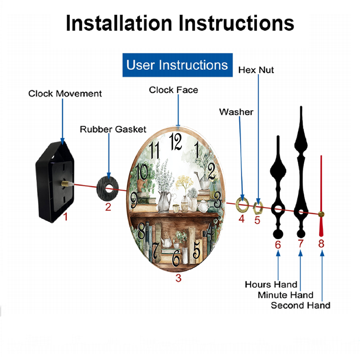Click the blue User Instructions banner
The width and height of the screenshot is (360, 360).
pos(177,65)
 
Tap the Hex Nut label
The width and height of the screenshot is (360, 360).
pos(256,70)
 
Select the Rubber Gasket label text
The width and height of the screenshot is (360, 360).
pos(113,129)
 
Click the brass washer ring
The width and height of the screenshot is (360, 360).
pos(242,204)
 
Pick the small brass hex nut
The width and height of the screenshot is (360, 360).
pos(258,208)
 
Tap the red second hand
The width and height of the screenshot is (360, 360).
pos(321,196)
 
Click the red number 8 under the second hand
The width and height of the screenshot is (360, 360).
pos(321,244)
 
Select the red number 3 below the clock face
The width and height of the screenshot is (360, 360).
pos(179,278)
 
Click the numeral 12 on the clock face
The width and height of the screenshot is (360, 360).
pos(176,141)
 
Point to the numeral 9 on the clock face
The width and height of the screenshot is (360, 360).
pos(134,200)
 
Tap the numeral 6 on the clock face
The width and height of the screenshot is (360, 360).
pos(176,258)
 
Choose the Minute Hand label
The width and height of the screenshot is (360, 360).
pos(285,295)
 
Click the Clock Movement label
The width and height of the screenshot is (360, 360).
pos(65,94)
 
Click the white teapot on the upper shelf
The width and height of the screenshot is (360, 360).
pos(203,206)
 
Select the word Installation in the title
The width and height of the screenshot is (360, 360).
pos(119,23)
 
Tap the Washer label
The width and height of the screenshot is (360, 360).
pos(236,112)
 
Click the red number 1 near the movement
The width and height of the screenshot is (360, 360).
pos(66,216)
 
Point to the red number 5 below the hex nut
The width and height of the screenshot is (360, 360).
pos(257,220)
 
